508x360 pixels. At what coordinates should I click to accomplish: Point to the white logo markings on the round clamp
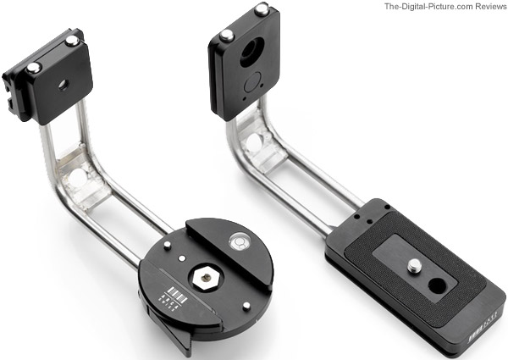pyautogui.click(x=168, y=299)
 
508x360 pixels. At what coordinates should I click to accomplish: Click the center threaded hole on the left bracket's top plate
pyautogui.click(x=61, y=85)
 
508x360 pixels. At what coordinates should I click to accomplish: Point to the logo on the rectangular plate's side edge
pyautogui.click(x=478, y=324)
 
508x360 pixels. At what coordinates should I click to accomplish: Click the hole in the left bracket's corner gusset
pyautogui.click(x=77, y=178)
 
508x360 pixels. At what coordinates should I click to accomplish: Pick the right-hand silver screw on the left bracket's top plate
pyautogui.click(x=71, y=40)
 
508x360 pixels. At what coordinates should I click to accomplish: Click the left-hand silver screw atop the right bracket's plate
pyautogui.click(x=227, y=36)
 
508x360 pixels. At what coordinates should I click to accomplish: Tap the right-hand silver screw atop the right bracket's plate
pyautogui.click(x=262, y=9)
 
